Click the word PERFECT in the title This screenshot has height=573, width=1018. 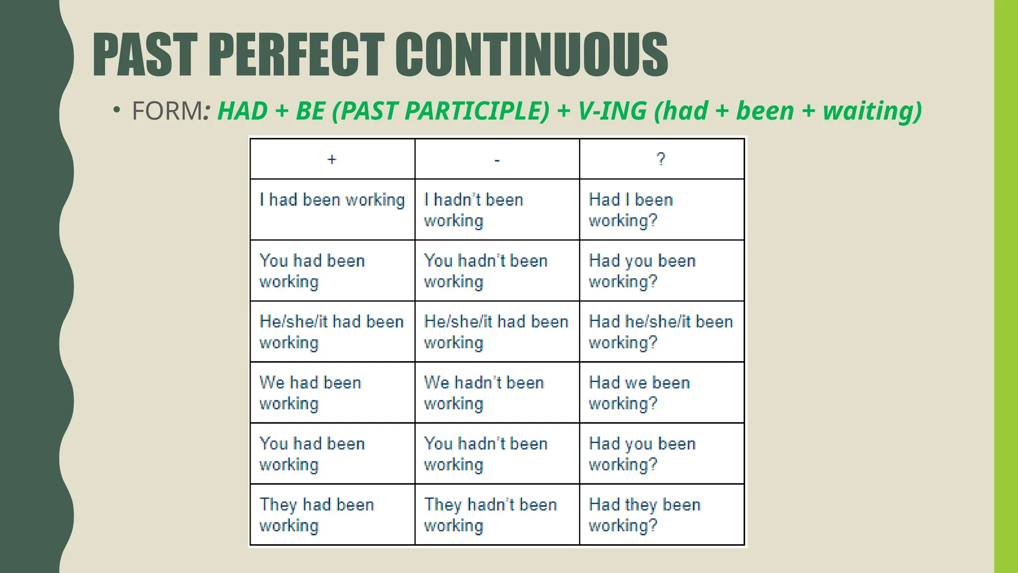tap(296, 55)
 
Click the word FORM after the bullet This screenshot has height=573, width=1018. tap(167, 110)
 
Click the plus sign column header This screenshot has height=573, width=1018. tap(332, 159)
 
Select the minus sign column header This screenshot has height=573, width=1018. tap(497, 160)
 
